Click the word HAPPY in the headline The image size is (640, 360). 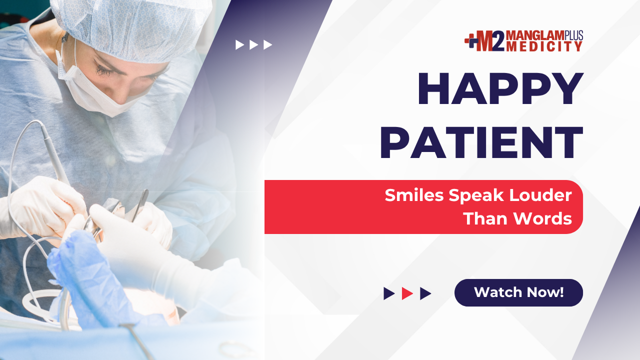point(500,88)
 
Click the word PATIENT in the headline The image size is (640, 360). point(481,142)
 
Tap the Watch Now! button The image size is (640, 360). point(518,292)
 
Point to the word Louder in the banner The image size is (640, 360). point(540,195)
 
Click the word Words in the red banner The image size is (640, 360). point(543,218)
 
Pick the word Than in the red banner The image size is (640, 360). point(486,218)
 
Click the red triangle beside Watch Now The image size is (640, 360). point(407,293)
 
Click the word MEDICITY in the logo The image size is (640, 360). point(544,46)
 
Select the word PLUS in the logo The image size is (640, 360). point(573,35)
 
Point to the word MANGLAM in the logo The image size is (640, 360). point(535,35)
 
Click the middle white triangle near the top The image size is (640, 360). point(253,45)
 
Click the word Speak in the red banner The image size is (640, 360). point(476,196)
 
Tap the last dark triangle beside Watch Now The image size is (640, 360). point(425,293)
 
